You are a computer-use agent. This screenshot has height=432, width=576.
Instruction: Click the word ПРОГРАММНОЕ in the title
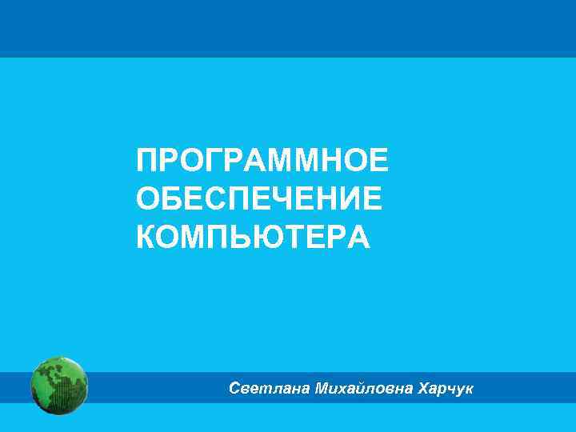coord(262,161)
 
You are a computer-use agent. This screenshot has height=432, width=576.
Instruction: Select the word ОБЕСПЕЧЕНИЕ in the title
coord(259,198)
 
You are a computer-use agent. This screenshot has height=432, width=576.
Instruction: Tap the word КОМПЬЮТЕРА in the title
coord(253,237)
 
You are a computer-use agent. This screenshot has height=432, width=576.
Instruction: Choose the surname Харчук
coord(446,389)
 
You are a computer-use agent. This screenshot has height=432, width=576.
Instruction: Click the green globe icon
coord(58,386)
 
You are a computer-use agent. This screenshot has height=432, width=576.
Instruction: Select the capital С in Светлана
coord(234,389)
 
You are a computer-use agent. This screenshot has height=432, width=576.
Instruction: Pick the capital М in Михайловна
coord(322,389)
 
